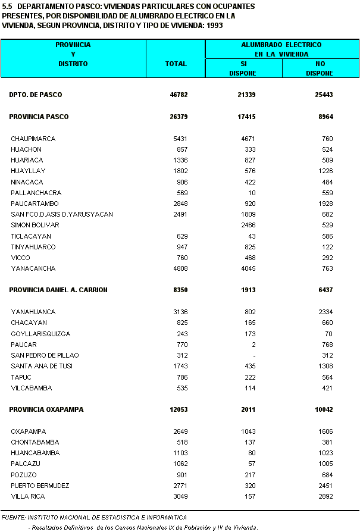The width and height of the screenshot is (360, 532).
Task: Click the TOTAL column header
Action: pyautogui.click(x=176, y=64)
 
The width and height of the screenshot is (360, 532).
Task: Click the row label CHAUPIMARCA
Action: pyautogui.click(x=33, y=139)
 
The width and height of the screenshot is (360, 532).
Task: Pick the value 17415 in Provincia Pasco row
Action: pyautogui.click(x=246, y=117)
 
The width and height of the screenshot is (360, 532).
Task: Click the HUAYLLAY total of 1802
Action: pyautogui.click(x=180, y=171)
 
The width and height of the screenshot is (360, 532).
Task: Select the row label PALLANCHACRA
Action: pyautogui.click(x=36, y=193)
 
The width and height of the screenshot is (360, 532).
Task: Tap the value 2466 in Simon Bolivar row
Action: pyautogui.click(x=248, y=226)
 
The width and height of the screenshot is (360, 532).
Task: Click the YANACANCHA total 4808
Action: pyautogui.click(x=180, y=269)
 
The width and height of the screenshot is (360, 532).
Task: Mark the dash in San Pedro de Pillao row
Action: pyautogui.click(x=254, y=356)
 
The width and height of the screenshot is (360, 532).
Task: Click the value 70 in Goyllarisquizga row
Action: pyautogui.click(x=328, y=334)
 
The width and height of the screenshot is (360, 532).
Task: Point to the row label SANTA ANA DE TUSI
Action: pyautogui.click(x=42, y=367)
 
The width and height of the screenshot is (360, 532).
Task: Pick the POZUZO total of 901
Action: pyautogui.click(x=181, y=475)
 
